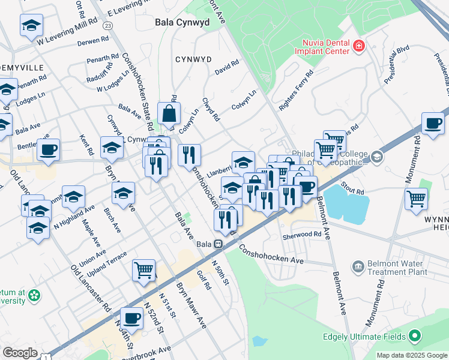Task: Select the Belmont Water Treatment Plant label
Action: click(x=391, y=267)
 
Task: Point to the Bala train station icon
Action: click(x=220, y=244)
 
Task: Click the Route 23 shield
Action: click(x=107, y=26)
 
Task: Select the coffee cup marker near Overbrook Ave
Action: click(x=132, y=318)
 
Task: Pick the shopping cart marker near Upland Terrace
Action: click(x=144, y=271)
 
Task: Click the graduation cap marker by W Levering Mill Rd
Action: click(x=31, y=25)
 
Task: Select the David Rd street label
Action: click(x=226, y=71)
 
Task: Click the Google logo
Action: click(x=20, y=353)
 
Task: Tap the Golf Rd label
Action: click(x=204, y=279)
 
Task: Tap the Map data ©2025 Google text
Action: click(x=412, y=355)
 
